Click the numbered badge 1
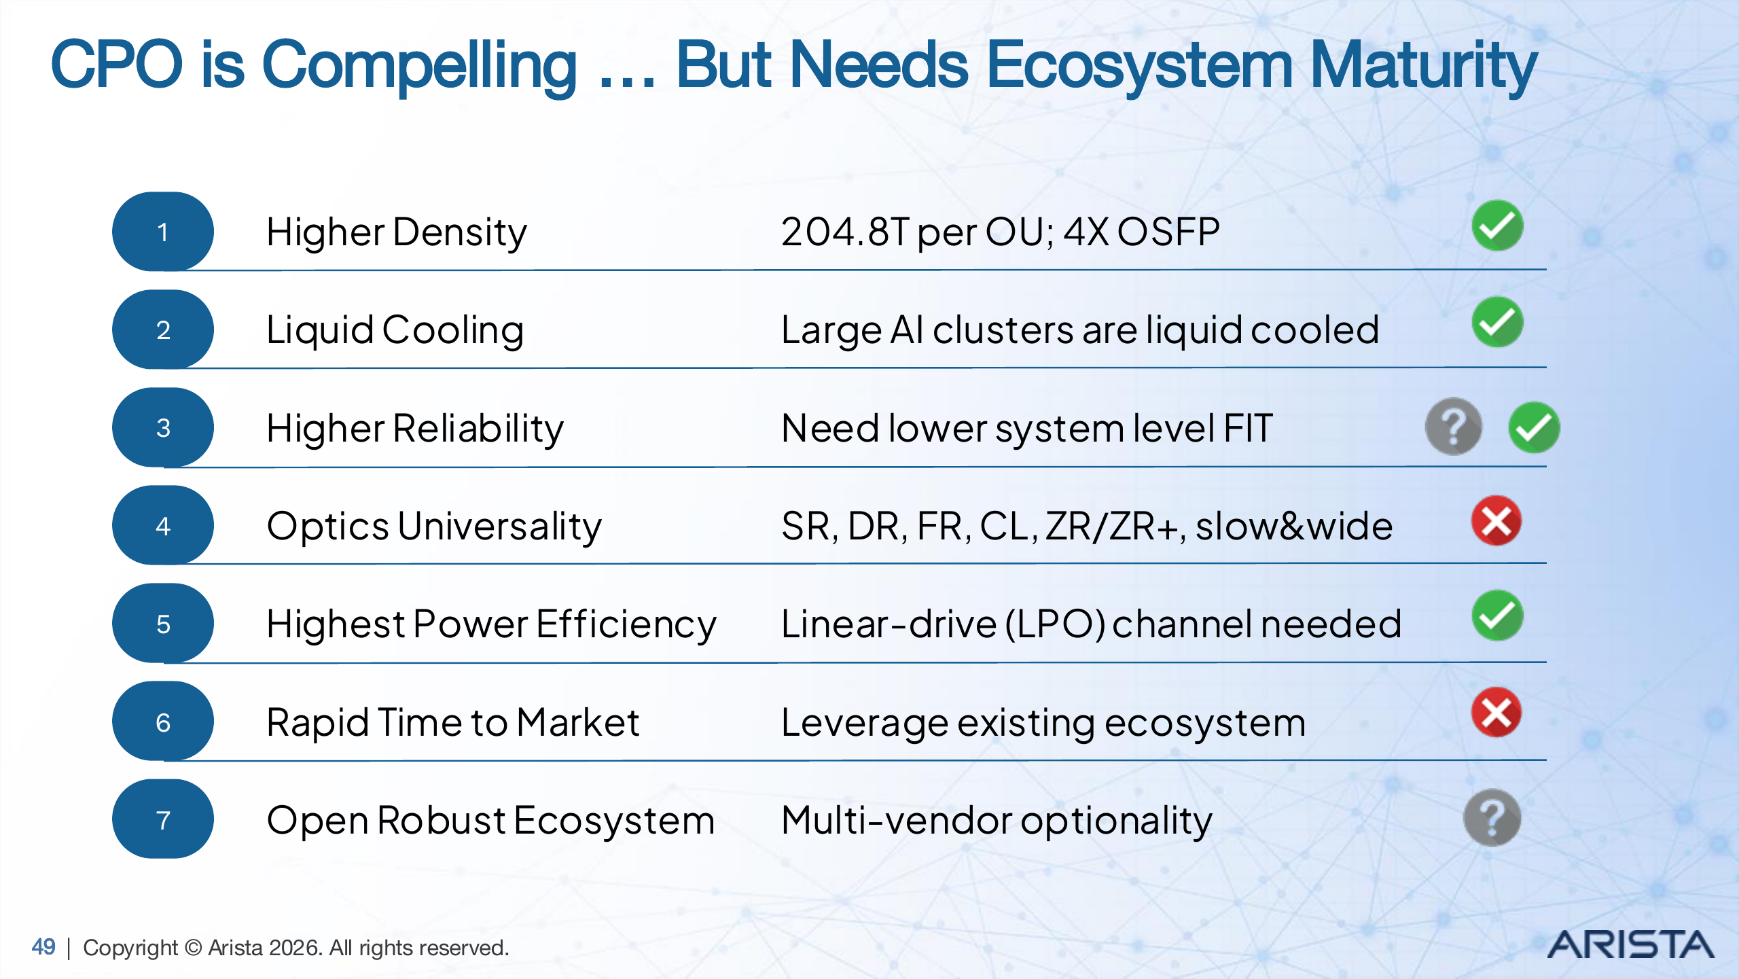163,232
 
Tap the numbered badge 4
163,525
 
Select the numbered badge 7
163,819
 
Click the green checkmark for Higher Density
1497,226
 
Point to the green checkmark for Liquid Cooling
1497,323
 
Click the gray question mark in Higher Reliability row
1453,427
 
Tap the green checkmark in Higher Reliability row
1534,427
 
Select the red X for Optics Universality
1496,521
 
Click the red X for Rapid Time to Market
1496,713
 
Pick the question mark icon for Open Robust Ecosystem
1492,818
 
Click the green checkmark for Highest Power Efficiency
1497,616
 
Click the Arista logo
1630,945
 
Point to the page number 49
43,946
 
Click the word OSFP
1168,232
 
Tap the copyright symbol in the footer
193,947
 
